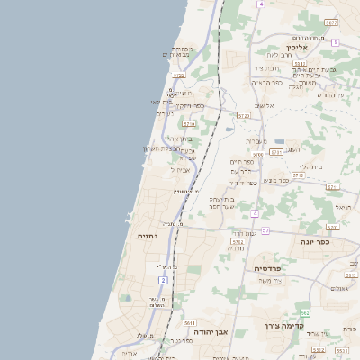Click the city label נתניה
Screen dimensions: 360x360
click(x=147, y=236)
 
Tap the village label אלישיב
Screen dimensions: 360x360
click(x=264, y=105)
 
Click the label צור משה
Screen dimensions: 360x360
click(x=269, y=281)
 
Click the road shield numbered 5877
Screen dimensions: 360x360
click(x=332, y=22)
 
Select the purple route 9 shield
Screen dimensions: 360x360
click(x=335, y=42)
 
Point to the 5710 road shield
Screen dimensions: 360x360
click(x=189, y=122)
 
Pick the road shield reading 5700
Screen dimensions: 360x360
click(x=258, y=155)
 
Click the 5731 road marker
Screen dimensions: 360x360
click(x=276, y=152)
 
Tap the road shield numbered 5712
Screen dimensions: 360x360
click(x=238, y=241)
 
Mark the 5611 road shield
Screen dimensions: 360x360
click(x=190, y=321)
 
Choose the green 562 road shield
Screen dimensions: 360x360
click(x=305, y=312)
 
